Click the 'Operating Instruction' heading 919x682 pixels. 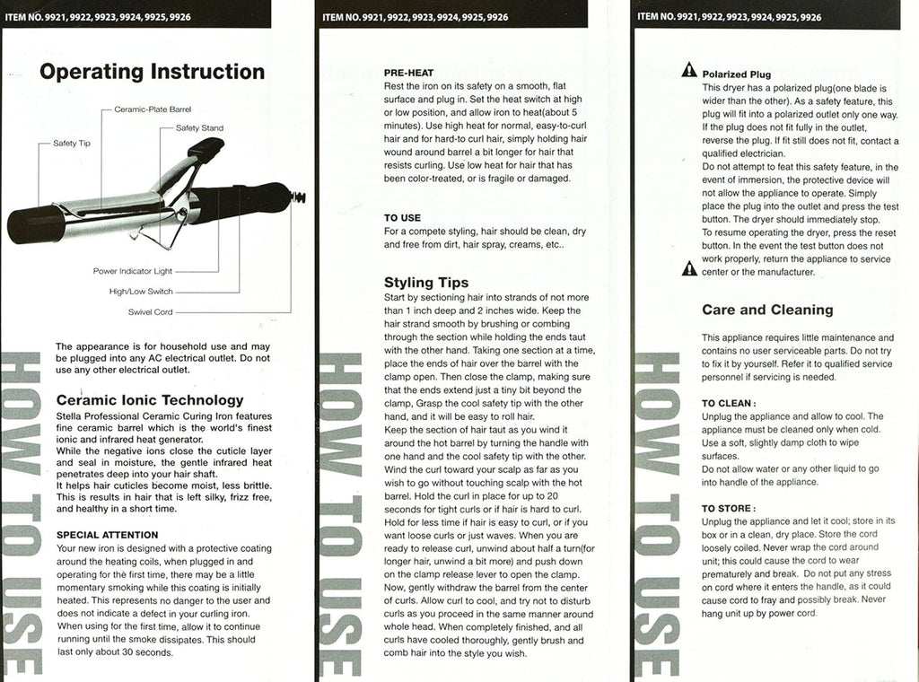click(151, 72)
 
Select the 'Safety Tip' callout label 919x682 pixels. click(71, 144)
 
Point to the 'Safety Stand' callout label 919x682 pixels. click(199, 128)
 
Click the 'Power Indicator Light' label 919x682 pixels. click(133, 270)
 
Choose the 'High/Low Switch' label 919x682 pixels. click(141, 291)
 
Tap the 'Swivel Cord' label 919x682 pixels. click(150, 311)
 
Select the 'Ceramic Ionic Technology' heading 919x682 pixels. click(149, 400)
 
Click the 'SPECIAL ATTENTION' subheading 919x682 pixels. click(107, 535)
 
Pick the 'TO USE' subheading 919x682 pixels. click(402, 218)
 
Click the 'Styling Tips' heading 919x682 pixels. click(426, 283)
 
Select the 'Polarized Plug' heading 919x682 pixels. click(736, 74)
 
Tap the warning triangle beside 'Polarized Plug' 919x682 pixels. click(688, 69)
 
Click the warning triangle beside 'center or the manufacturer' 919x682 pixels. click(688, 267)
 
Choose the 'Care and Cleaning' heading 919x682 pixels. click(767, 310)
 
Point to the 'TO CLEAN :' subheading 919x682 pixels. click(729, 404)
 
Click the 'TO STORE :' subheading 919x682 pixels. click(729, 508)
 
